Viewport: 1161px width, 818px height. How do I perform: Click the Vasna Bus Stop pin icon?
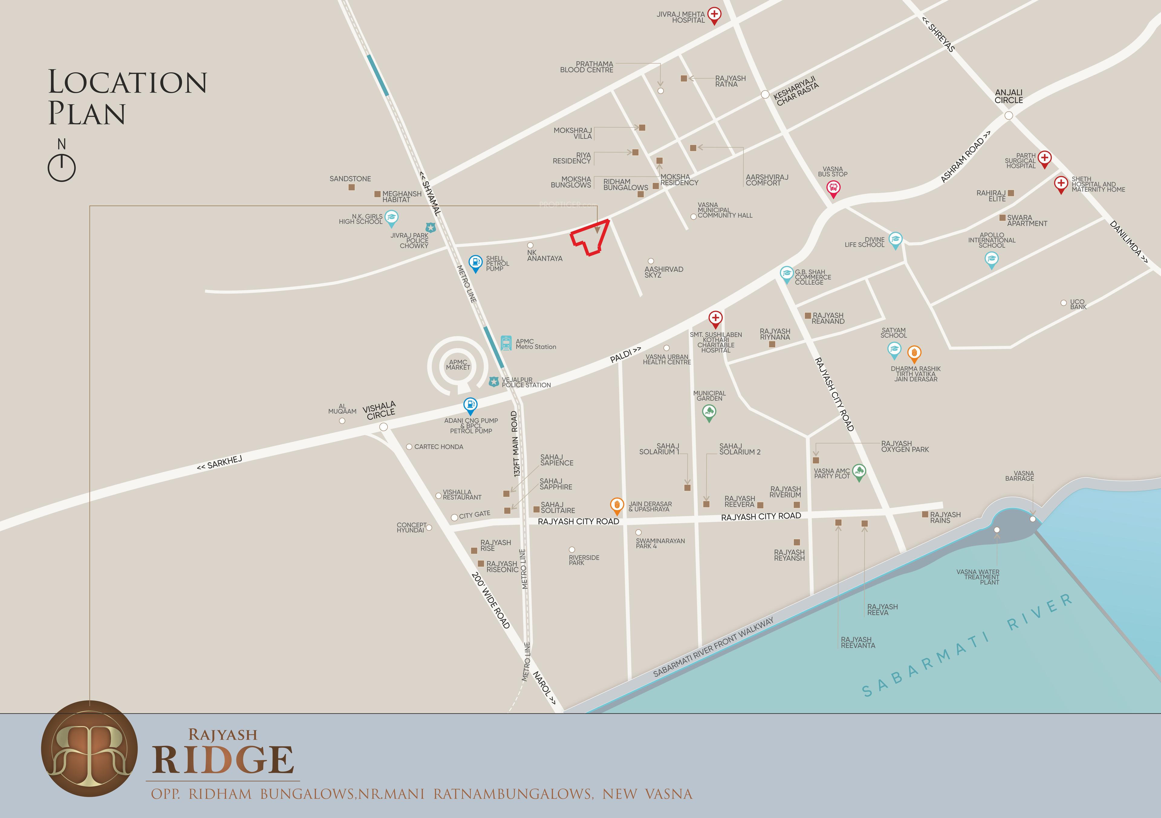coord(833,189)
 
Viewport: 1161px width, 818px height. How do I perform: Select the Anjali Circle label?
coord(1008,96)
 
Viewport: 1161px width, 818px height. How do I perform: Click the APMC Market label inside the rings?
coord(458,365)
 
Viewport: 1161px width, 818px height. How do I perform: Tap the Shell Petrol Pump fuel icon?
coord(475,262)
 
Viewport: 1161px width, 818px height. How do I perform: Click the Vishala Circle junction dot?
coord(383,427)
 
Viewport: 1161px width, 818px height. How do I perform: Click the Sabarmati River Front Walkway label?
coord(713,648)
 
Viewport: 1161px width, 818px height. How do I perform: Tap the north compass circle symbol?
coord(62,167)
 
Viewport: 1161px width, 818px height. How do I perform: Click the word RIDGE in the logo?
coord(223,760)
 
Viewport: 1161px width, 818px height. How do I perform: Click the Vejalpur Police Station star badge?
coord(494,382)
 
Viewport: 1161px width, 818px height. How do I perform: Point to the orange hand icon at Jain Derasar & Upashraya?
coord(616,505)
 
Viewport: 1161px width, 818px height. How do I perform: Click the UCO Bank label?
coord(1078,304)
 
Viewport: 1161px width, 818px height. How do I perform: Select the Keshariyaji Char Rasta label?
coord(795,91)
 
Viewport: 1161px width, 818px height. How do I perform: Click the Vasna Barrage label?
coord(1020,476)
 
